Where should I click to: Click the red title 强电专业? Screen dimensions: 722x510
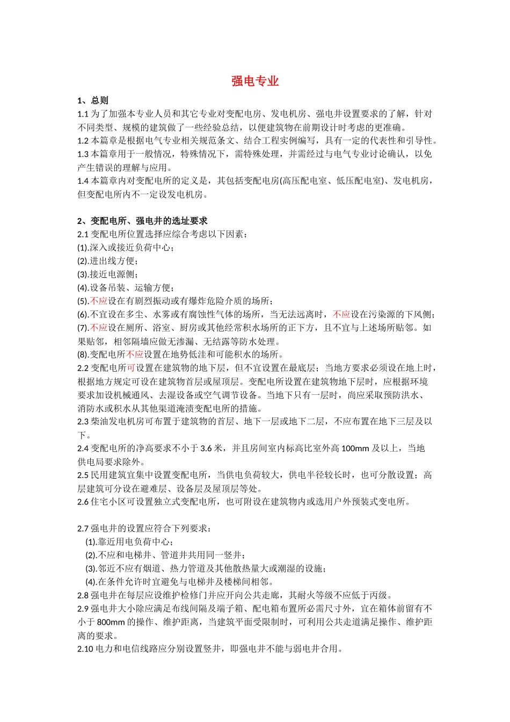[x=255, y=81]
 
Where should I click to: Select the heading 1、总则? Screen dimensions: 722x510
[x=93, y=100]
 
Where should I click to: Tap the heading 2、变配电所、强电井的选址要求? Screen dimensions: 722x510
[x=142, y=221]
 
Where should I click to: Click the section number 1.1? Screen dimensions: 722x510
[x=83, y=114]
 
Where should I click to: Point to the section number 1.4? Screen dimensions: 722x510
[x=83, y=181]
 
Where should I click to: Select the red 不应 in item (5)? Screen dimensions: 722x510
[x=99, y=301]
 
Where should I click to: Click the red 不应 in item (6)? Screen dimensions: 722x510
[x=341, y=315]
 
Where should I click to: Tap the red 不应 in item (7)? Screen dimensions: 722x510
[x=99, y=328]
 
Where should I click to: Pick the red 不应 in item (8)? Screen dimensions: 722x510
[x=135, y=355]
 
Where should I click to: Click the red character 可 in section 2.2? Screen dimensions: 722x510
[x=131, y=368]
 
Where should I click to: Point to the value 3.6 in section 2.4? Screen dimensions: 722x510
[x=206, y=449]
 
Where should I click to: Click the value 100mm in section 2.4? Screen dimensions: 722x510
[x=355, y=449]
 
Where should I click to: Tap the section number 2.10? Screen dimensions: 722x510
[x=85, y=649]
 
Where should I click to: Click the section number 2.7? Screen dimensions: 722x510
[x=83, y=529]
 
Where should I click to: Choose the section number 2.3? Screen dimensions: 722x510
[x=83, y=422]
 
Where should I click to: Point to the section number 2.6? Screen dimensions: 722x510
[x=83, y=502]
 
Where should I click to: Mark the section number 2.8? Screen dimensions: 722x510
[x=83, y=595]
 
